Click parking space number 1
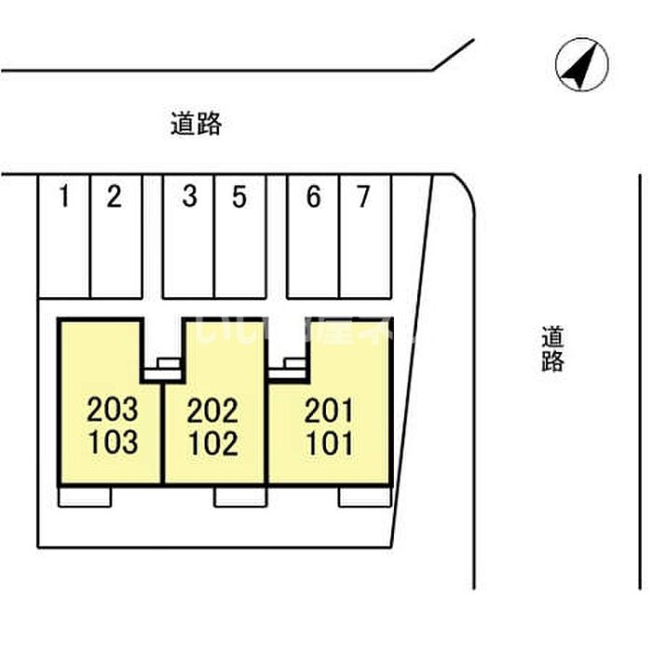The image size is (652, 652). point(64,197)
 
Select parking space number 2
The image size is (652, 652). point(114,197)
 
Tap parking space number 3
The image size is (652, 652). point(189,197)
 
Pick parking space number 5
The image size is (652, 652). point(238,197)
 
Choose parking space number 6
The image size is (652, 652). point(313,197)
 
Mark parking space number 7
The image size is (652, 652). point(363,197)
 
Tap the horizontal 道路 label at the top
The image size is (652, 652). point(197,125)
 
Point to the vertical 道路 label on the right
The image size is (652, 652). point(552,348)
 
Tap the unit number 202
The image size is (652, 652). point(212,409)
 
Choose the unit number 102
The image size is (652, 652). point(212,441)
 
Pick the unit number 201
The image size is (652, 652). point(329,409)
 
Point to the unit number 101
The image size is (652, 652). point(329,441)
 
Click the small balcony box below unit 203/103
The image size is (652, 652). point(85,496)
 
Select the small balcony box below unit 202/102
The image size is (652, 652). point(240,496)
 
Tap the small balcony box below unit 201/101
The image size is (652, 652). point(364,496)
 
